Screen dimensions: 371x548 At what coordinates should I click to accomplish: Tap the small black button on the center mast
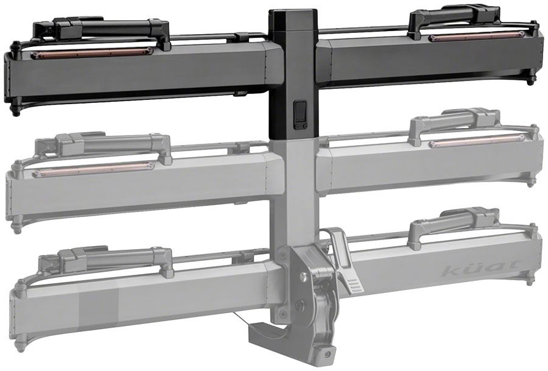tap(301, 114)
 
